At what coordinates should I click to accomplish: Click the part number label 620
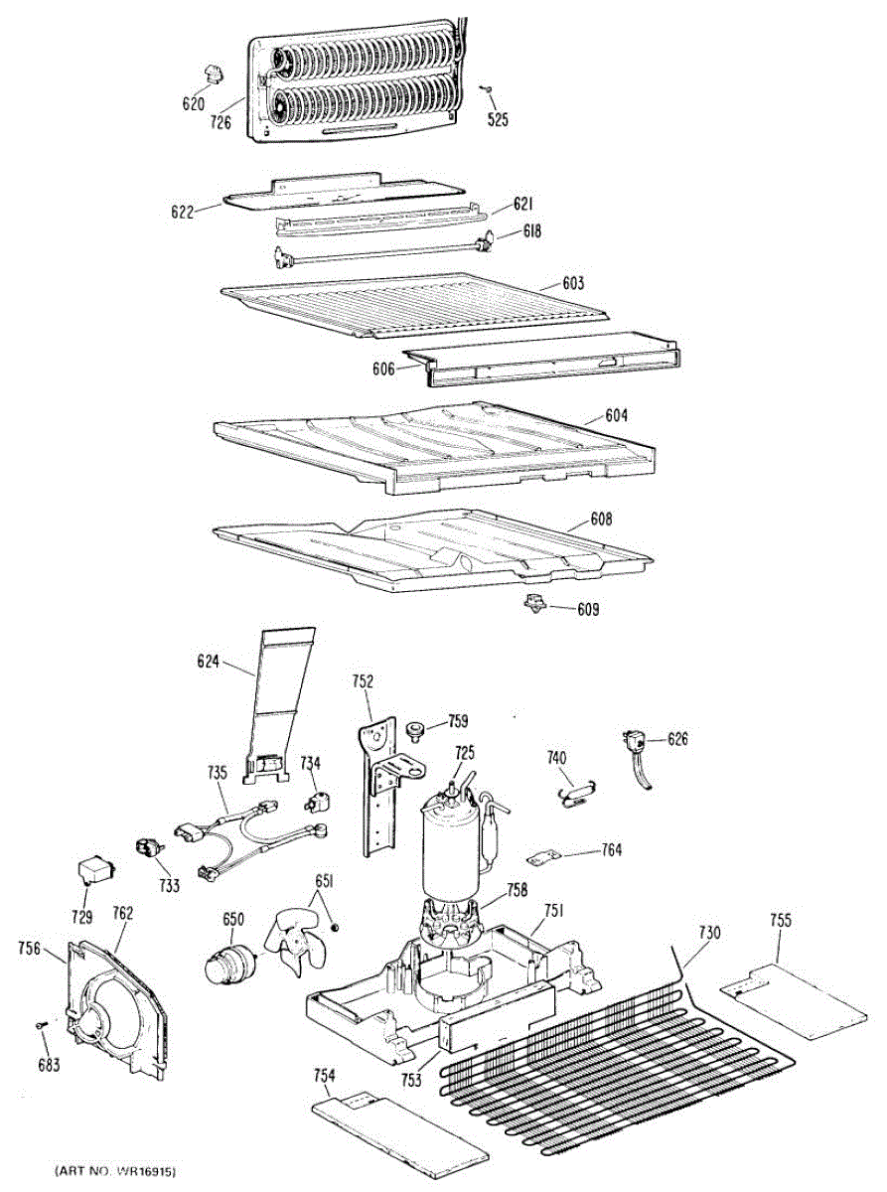click(x=193, y=104)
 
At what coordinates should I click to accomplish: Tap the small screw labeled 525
click(x=487, y=89)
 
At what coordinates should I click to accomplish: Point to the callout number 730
click(x=709, y=933)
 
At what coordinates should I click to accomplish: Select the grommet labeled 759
click(x=417, y=731)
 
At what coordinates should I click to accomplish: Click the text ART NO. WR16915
click(x=118, y=1173)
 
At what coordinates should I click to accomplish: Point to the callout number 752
click(x=363, y=681)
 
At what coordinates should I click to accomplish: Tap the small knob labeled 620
click(x=212, y=72)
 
